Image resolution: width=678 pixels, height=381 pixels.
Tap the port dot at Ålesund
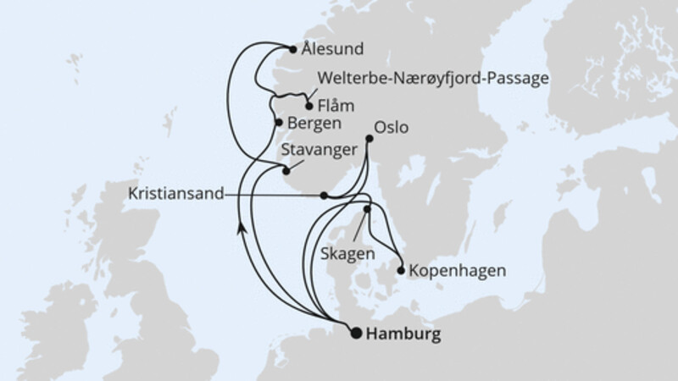click(293, 49)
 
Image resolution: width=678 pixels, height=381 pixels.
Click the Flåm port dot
click(308, 107)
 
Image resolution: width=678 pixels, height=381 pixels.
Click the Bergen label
click(314, 124)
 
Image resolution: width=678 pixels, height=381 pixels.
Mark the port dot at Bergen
click(278, 123)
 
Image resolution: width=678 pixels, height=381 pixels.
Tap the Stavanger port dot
click(286, 170)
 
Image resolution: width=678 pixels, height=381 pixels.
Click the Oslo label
click(392, 128)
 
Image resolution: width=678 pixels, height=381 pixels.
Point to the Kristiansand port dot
click(324, 196)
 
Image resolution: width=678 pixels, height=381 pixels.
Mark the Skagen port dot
click(368, 209)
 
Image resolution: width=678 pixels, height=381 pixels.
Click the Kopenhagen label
click(458, 272)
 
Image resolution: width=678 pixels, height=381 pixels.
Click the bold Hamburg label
click(405, 335)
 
